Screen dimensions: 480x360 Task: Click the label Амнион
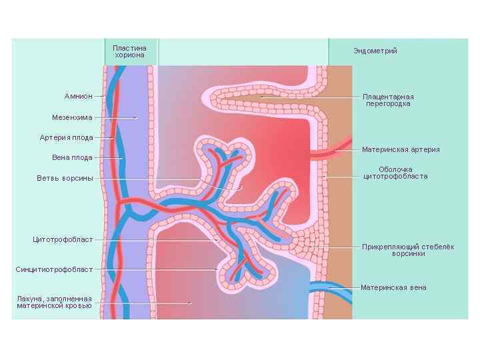click(78, 97)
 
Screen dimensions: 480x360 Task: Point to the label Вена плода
click(72, 158)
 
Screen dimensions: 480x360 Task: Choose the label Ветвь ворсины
click(65, 179)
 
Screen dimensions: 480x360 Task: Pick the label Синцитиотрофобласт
click(54, 269)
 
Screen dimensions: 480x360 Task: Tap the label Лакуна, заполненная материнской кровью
click(54, 302)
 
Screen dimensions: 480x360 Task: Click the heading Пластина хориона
click(130, 51)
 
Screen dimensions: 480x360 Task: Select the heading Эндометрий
click(375, 51)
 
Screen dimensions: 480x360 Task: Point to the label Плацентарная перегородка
click(388, 100)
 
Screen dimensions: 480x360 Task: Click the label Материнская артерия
click(401, 149)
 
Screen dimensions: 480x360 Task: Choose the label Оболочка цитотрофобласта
click(395, 173)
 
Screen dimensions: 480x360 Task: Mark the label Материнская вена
click(393, 288)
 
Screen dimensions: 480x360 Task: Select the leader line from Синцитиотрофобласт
click(153, 269)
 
